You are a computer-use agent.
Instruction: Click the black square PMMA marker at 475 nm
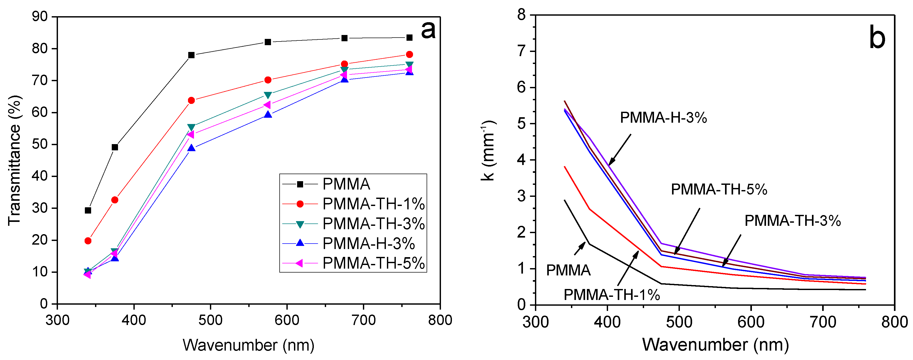(191, 55)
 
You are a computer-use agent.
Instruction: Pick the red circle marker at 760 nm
(409, 54)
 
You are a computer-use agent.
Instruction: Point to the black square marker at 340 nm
(88, 210)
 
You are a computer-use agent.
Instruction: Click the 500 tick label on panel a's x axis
(210, 320)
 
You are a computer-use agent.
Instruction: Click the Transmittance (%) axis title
(15, 160)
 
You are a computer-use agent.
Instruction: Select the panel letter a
(428, 30)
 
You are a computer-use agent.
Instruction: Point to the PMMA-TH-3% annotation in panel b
(792, 221)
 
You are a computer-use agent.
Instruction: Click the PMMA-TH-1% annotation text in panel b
(612, 295)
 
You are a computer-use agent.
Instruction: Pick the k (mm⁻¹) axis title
(488, 151)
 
